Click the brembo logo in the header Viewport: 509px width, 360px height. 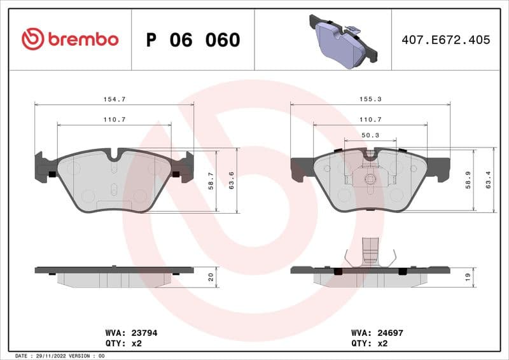click(69, 39)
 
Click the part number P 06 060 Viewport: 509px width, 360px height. click(193, 40)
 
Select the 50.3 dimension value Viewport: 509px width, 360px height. click(370, 135)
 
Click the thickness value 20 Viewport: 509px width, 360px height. click(211, 277)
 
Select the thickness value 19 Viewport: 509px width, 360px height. click(468, 277)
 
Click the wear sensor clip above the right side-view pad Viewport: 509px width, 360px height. click(370, 254)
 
